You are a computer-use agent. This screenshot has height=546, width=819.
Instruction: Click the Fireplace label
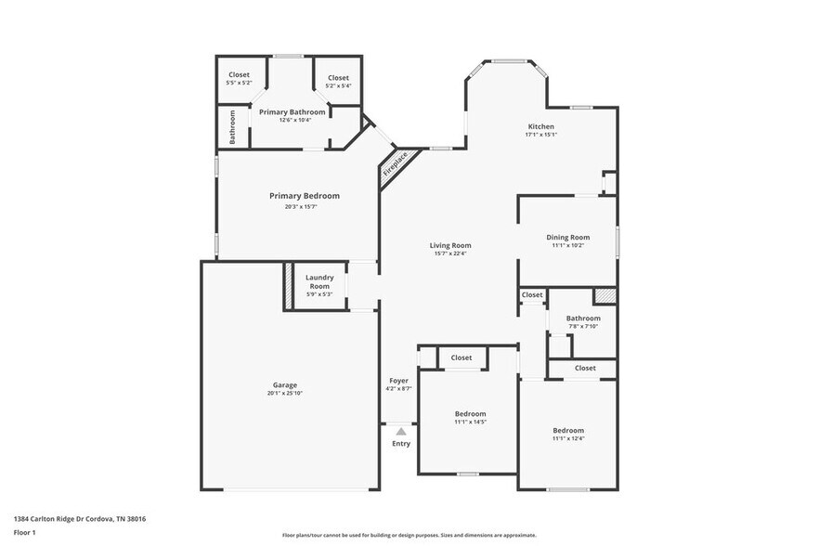coord(395,165)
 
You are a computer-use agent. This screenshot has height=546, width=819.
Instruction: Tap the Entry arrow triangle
coord(400,431)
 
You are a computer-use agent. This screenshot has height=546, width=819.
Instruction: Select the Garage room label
coord(285,384)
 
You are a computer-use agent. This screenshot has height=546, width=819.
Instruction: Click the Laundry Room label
coord(319,282)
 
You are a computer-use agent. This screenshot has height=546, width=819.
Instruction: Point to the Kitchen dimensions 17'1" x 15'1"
coord(540,135)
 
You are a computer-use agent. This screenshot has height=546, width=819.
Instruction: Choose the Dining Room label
coord(567,237)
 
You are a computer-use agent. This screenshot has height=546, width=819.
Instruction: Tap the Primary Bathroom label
coord(292,111)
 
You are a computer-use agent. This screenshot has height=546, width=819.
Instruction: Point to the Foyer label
coord(398,380)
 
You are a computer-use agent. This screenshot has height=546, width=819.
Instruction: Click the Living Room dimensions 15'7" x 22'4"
coord(450,253)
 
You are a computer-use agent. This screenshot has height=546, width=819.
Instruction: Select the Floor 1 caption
coord(24,532)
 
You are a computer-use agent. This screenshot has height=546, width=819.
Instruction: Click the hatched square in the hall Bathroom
coord(604,295)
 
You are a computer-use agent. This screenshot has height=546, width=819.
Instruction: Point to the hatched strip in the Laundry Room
coord(288,285)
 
